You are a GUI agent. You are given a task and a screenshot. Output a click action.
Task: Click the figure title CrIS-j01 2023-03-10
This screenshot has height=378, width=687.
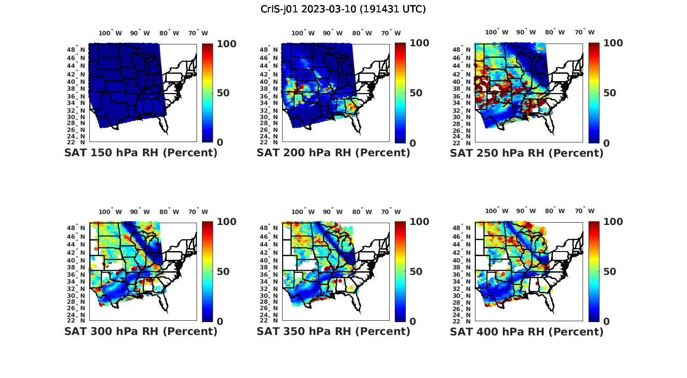343,9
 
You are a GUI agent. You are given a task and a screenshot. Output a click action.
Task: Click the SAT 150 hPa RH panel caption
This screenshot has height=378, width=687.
141,153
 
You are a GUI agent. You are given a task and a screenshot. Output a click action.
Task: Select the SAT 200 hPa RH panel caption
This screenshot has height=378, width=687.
333,153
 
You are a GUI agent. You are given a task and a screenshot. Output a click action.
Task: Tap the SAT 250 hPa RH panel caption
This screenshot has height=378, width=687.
527,153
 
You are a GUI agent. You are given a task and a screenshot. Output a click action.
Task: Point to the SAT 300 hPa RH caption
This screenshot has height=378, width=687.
141,331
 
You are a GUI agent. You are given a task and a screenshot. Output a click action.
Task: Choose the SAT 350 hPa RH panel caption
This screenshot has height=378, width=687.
333,331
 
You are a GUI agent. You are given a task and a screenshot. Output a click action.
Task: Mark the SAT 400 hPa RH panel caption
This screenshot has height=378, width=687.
527,331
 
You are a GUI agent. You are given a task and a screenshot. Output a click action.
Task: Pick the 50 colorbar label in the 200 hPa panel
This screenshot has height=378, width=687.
415,93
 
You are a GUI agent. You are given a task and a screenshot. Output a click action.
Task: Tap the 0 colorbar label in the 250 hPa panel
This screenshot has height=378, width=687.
606,143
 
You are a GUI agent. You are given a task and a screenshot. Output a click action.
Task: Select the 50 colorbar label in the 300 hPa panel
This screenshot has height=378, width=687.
223,272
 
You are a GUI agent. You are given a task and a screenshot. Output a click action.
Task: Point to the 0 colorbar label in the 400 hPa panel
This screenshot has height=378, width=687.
606,322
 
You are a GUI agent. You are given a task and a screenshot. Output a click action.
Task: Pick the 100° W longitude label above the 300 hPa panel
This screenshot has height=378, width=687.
110,212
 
